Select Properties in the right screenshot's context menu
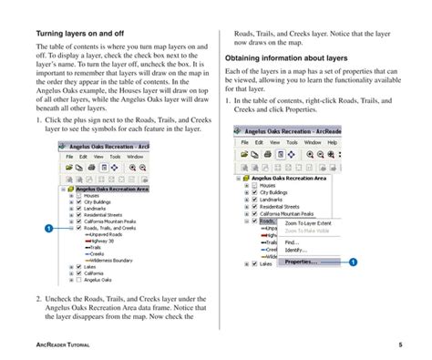301,262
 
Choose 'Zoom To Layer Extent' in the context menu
308,222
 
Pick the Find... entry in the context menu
292,242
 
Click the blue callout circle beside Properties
352,262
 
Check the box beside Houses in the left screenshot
77,195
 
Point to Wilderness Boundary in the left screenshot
110,260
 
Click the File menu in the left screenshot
69,156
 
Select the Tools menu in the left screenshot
114,156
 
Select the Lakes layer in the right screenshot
266,264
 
